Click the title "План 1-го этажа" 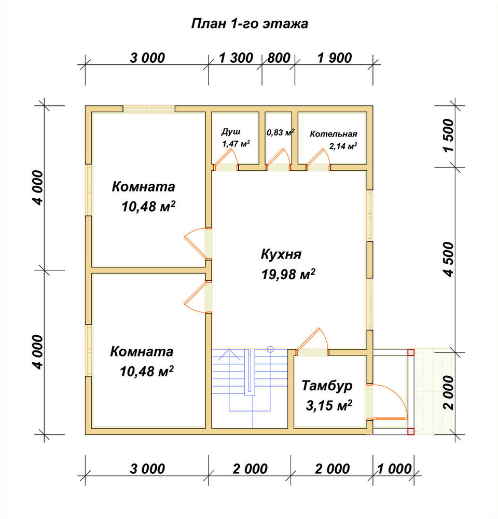250,24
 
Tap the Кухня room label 281,254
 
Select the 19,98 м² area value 288,274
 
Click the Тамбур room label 327,386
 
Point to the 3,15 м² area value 328,405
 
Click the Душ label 231,132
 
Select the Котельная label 333,134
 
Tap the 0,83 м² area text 281,133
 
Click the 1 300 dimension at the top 236,58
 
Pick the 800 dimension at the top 279,58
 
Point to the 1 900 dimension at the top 335,58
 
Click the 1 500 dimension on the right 449,135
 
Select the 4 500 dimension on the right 449,259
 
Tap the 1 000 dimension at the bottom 394,469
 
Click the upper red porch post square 411,352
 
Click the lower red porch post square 411,431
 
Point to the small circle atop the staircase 270,349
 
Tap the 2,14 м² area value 343,146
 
